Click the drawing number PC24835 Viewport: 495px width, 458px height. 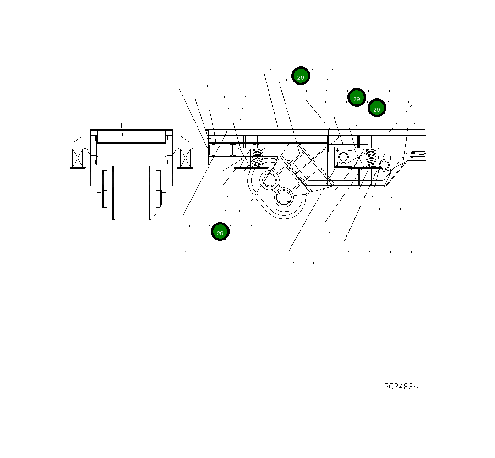click(401, 387)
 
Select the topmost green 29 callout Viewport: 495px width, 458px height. click(301, 76)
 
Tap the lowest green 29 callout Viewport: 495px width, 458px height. click(220, 232)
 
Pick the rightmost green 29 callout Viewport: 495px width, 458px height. click(377, 109)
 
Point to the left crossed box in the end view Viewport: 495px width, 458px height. click(78, 158)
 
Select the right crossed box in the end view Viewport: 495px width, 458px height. click(185, 158)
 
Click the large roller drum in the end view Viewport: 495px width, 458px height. click(132, 191)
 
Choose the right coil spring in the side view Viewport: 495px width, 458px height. click(370, 158)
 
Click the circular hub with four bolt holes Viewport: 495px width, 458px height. click(284, 198)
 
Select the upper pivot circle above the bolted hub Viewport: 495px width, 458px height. click(269, 180)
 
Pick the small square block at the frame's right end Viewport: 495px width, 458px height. click(384, 164)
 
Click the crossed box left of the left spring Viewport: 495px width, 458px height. click(245, 158)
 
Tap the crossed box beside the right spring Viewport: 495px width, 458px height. click(358, 158)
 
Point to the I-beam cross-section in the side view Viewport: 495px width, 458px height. click(233, 150)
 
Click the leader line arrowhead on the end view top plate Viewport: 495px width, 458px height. click(122, 135)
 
